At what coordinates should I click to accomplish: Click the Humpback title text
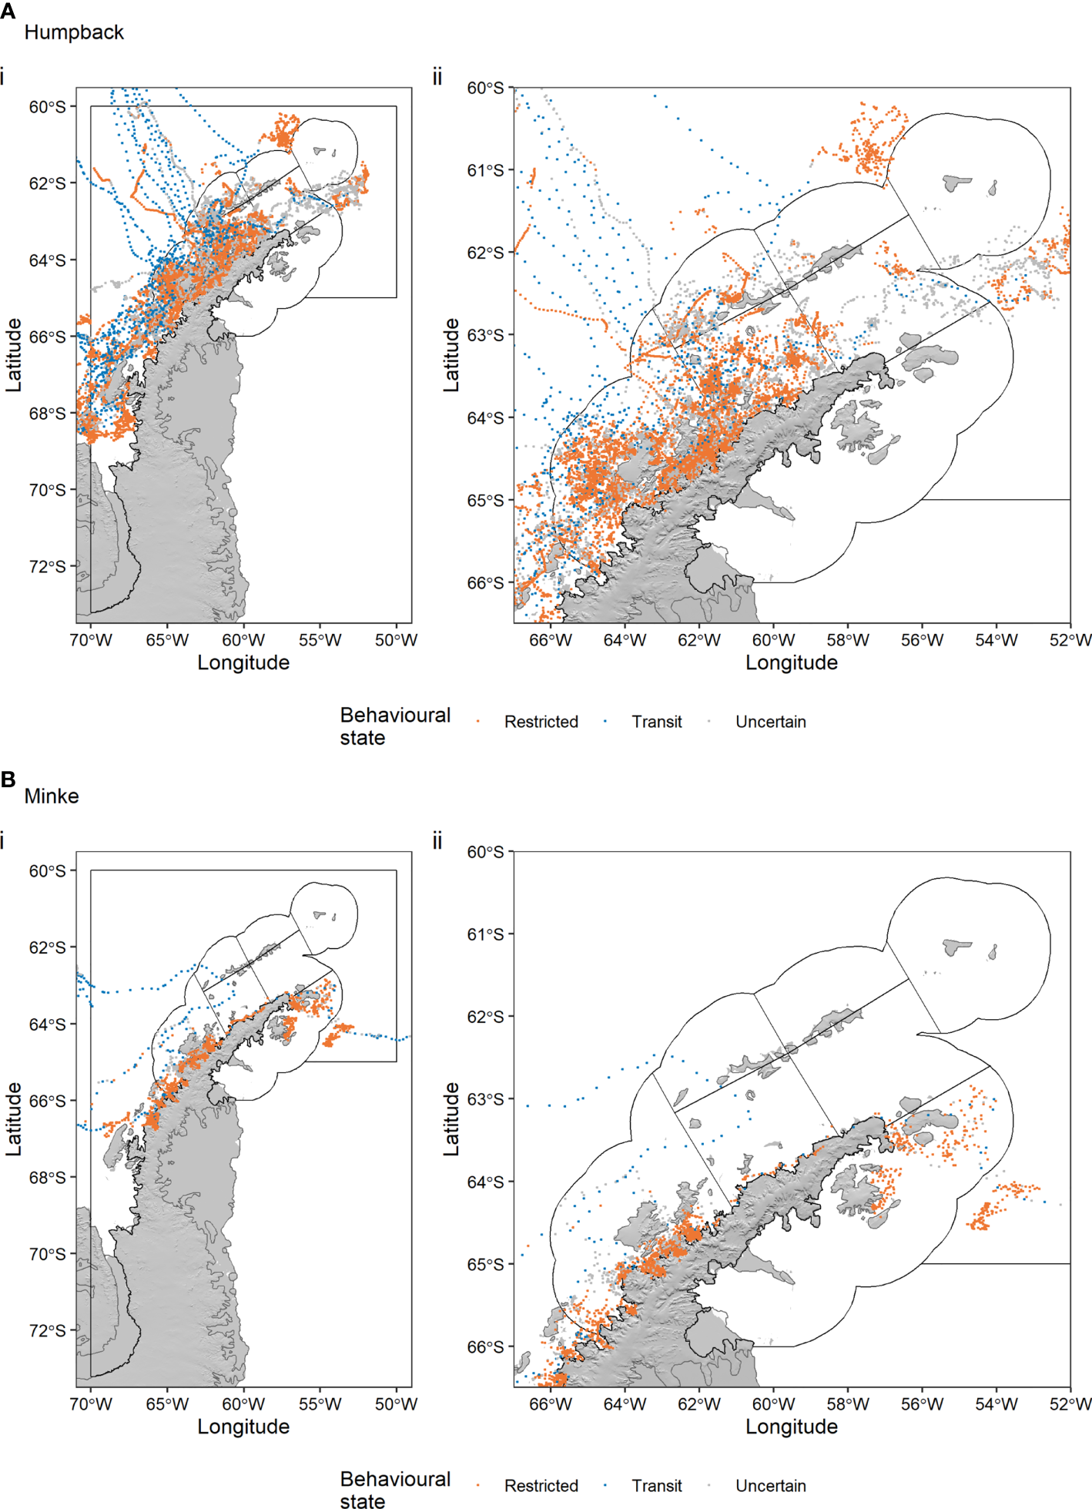[74, 32]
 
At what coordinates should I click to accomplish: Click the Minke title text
[52, 796]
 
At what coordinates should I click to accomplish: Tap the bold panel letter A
[8, 12]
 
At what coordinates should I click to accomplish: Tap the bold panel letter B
[8, 779]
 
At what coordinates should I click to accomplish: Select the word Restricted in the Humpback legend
[541, 722]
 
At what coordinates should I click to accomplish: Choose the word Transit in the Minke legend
[656, 1486]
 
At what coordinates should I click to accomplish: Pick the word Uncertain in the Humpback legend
[770, 722]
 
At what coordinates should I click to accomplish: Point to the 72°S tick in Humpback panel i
[48, 567]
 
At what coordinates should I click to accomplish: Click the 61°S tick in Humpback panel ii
[485, 170]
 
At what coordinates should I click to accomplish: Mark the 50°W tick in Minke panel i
[396, 1404]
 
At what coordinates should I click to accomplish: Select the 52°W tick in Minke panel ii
[1070, 1404]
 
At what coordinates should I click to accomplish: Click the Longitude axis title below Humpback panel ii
[791, 662]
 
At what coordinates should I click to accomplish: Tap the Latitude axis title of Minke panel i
[13, 1118]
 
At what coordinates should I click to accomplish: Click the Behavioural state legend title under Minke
[394, 1489]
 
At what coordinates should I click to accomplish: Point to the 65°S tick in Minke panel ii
[485, 1264]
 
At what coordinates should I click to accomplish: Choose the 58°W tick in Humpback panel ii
[847, 640]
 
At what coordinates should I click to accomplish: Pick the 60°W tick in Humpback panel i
[243, 640]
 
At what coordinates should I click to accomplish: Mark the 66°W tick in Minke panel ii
[551, 1404]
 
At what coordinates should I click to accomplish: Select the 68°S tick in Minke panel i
[48, 1177]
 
